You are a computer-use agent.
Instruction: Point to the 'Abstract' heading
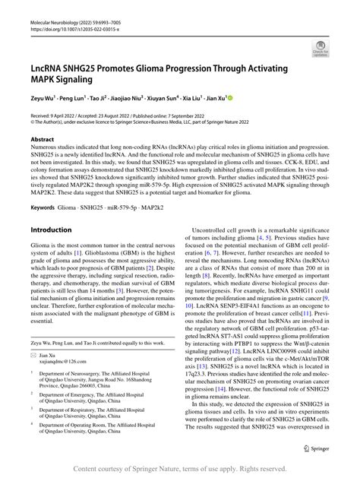point(43,140)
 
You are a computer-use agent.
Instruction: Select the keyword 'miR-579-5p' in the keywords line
point(134,207)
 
